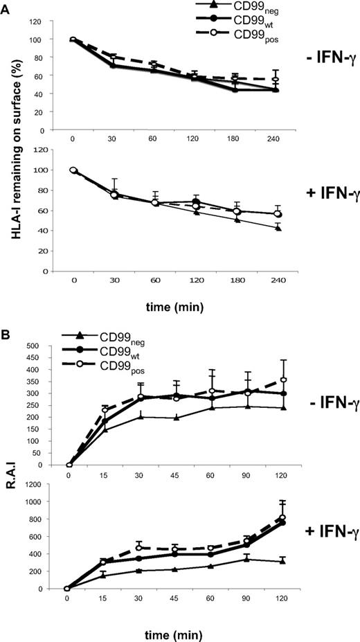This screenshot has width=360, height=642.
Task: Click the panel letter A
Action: point(6,7)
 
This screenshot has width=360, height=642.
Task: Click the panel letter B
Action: point(6,321)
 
